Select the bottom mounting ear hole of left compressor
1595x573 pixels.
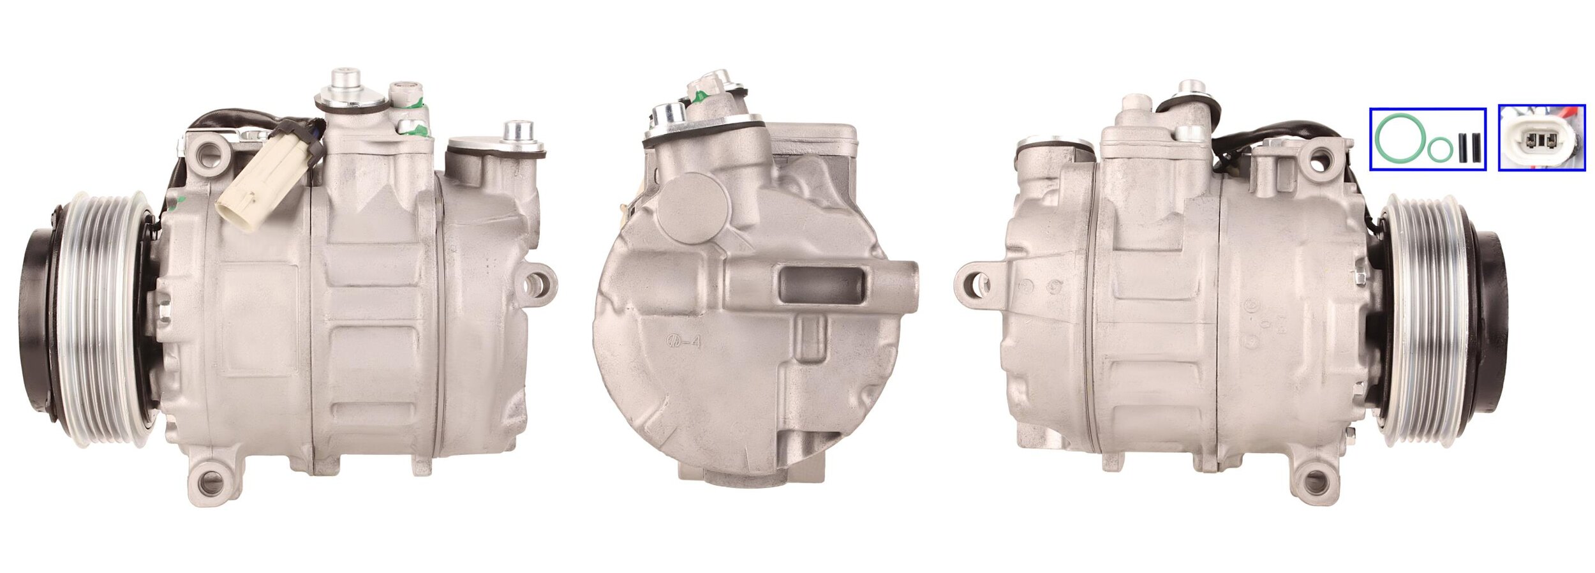[209, 482]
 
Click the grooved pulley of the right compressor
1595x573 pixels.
[1423, 319]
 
